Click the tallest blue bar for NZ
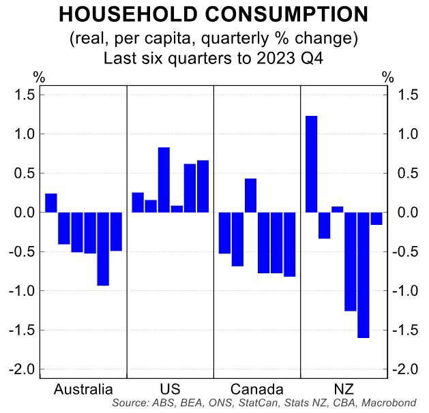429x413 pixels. pos(311,164)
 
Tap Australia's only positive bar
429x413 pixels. pos(51,203)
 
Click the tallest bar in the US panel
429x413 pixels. pos(164,180)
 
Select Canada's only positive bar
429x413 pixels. pos(250,196)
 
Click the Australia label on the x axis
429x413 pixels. pos(83,390)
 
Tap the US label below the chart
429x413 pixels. pos(171,390)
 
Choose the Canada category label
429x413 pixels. pos(257,390)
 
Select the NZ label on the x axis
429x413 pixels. pos(344,390)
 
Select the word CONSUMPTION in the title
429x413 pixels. pos(280,15)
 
